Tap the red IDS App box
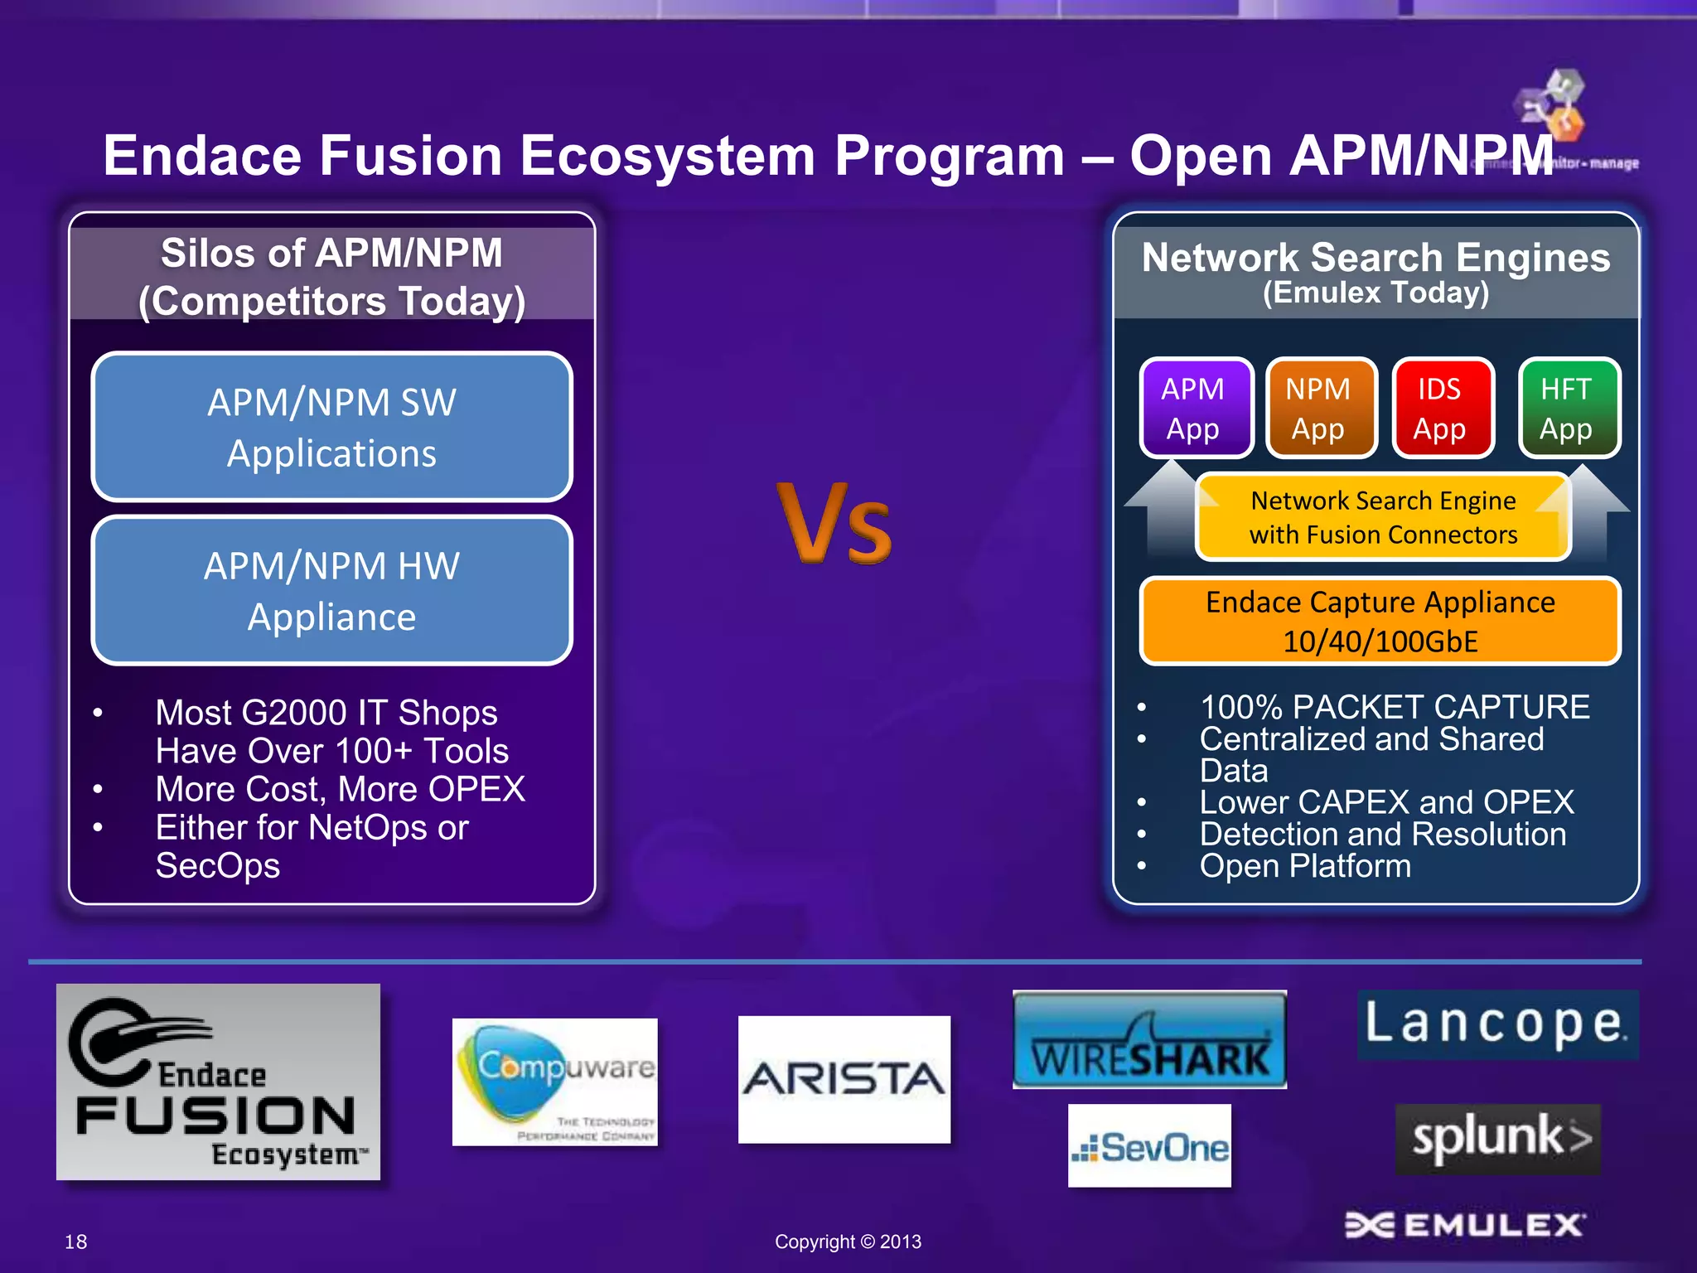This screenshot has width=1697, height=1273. (x=1443, y=408)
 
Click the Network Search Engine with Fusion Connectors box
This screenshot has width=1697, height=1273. (x=1382, y=517)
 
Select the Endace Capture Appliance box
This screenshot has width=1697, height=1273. (x=1380, y=621)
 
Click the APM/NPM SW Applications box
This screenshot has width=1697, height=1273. (x=331, y=427)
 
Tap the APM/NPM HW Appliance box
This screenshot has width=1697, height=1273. (x=331, y=590)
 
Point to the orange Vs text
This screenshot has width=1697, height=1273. (x=834, y=525)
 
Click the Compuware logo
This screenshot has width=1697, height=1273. (x=554, y=1082)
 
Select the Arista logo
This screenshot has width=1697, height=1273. (x=844, y=1079)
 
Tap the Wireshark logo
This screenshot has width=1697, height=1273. (x=1149, y=1040)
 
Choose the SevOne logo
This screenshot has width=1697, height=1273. (x=1149, y=1146)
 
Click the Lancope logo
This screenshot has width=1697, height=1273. (x=1496, y=1024)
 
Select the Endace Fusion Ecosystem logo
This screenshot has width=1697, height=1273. (x=218, y=1082)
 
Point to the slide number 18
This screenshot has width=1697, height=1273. (x=75, y=1242)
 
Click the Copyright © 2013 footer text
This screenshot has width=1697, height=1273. (x=848, y=1242)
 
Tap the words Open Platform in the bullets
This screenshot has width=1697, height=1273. (x=1304, y=866)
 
